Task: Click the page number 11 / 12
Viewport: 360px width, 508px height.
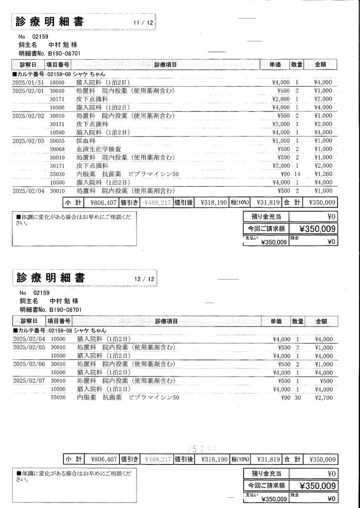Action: [x=143, y=23]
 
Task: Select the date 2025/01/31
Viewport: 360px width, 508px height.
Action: [x=28, y=83]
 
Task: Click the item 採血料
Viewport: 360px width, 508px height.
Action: [x=87, y=141]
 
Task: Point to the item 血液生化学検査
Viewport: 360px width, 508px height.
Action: [x=99, y=149]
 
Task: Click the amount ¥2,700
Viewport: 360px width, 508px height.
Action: [x=324, y=398]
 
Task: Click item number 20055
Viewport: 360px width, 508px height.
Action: [x=58, y=141]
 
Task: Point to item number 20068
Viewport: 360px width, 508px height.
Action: [x=58, y=149]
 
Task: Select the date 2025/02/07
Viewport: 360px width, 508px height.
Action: [x=28, y=381]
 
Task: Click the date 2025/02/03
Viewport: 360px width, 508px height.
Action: [x=28, y=141]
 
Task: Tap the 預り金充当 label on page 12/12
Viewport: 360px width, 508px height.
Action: [x=266, y=473]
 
